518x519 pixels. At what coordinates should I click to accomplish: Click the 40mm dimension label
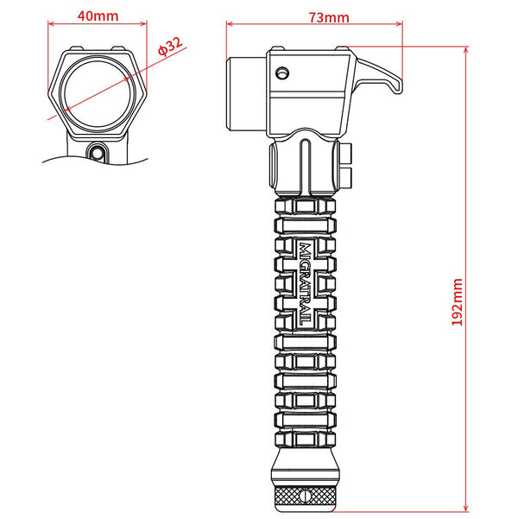coord(97,15)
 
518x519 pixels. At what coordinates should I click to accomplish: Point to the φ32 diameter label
coord(171,49)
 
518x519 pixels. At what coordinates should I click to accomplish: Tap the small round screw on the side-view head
coord(280,73)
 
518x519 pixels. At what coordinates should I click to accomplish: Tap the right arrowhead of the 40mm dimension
coord(145,26)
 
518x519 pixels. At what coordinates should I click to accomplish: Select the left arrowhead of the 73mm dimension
coord(228,26)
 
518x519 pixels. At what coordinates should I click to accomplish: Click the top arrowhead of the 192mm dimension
coord(467,50)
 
